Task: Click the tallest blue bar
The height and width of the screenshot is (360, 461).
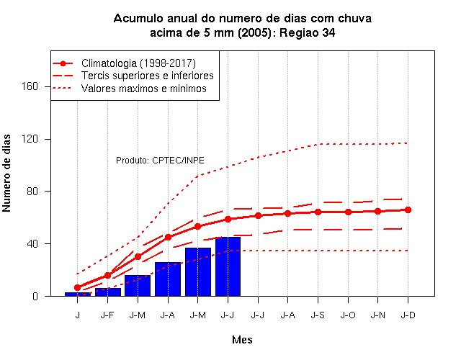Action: coord(228,266)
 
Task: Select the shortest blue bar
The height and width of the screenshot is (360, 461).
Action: coord(78,294)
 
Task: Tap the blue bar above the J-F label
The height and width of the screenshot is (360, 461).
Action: coord(108,292)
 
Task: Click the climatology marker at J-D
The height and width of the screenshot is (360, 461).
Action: coord(408,210)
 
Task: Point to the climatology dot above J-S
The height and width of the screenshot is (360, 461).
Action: coord(318,212)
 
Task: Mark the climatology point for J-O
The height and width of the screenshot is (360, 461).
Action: coord(348,212)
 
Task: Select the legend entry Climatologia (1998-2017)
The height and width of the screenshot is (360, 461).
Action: coord(138,63)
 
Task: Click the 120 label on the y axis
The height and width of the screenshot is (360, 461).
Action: coord(30,139)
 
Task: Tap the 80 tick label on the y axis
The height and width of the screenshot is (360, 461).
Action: coord(32,192)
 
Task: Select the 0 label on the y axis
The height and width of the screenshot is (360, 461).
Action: coord(35,296)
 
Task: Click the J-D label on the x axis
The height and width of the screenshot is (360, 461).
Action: coord(408,315)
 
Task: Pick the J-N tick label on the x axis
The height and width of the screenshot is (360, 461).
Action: coord(377,315)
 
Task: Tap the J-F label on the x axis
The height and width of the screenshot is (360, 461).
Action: coord(107,315)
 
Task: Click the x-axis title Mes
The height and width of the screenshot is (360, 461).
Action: coord(242,340)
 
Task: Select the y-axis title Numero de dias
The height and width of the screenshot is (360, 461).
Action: coord(6,173)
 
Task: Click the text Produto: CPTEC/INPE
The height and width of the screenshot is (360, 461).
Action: coord(160,161)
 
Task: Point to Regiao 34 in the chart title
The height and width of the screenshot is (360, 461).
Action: coord(307,32)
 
